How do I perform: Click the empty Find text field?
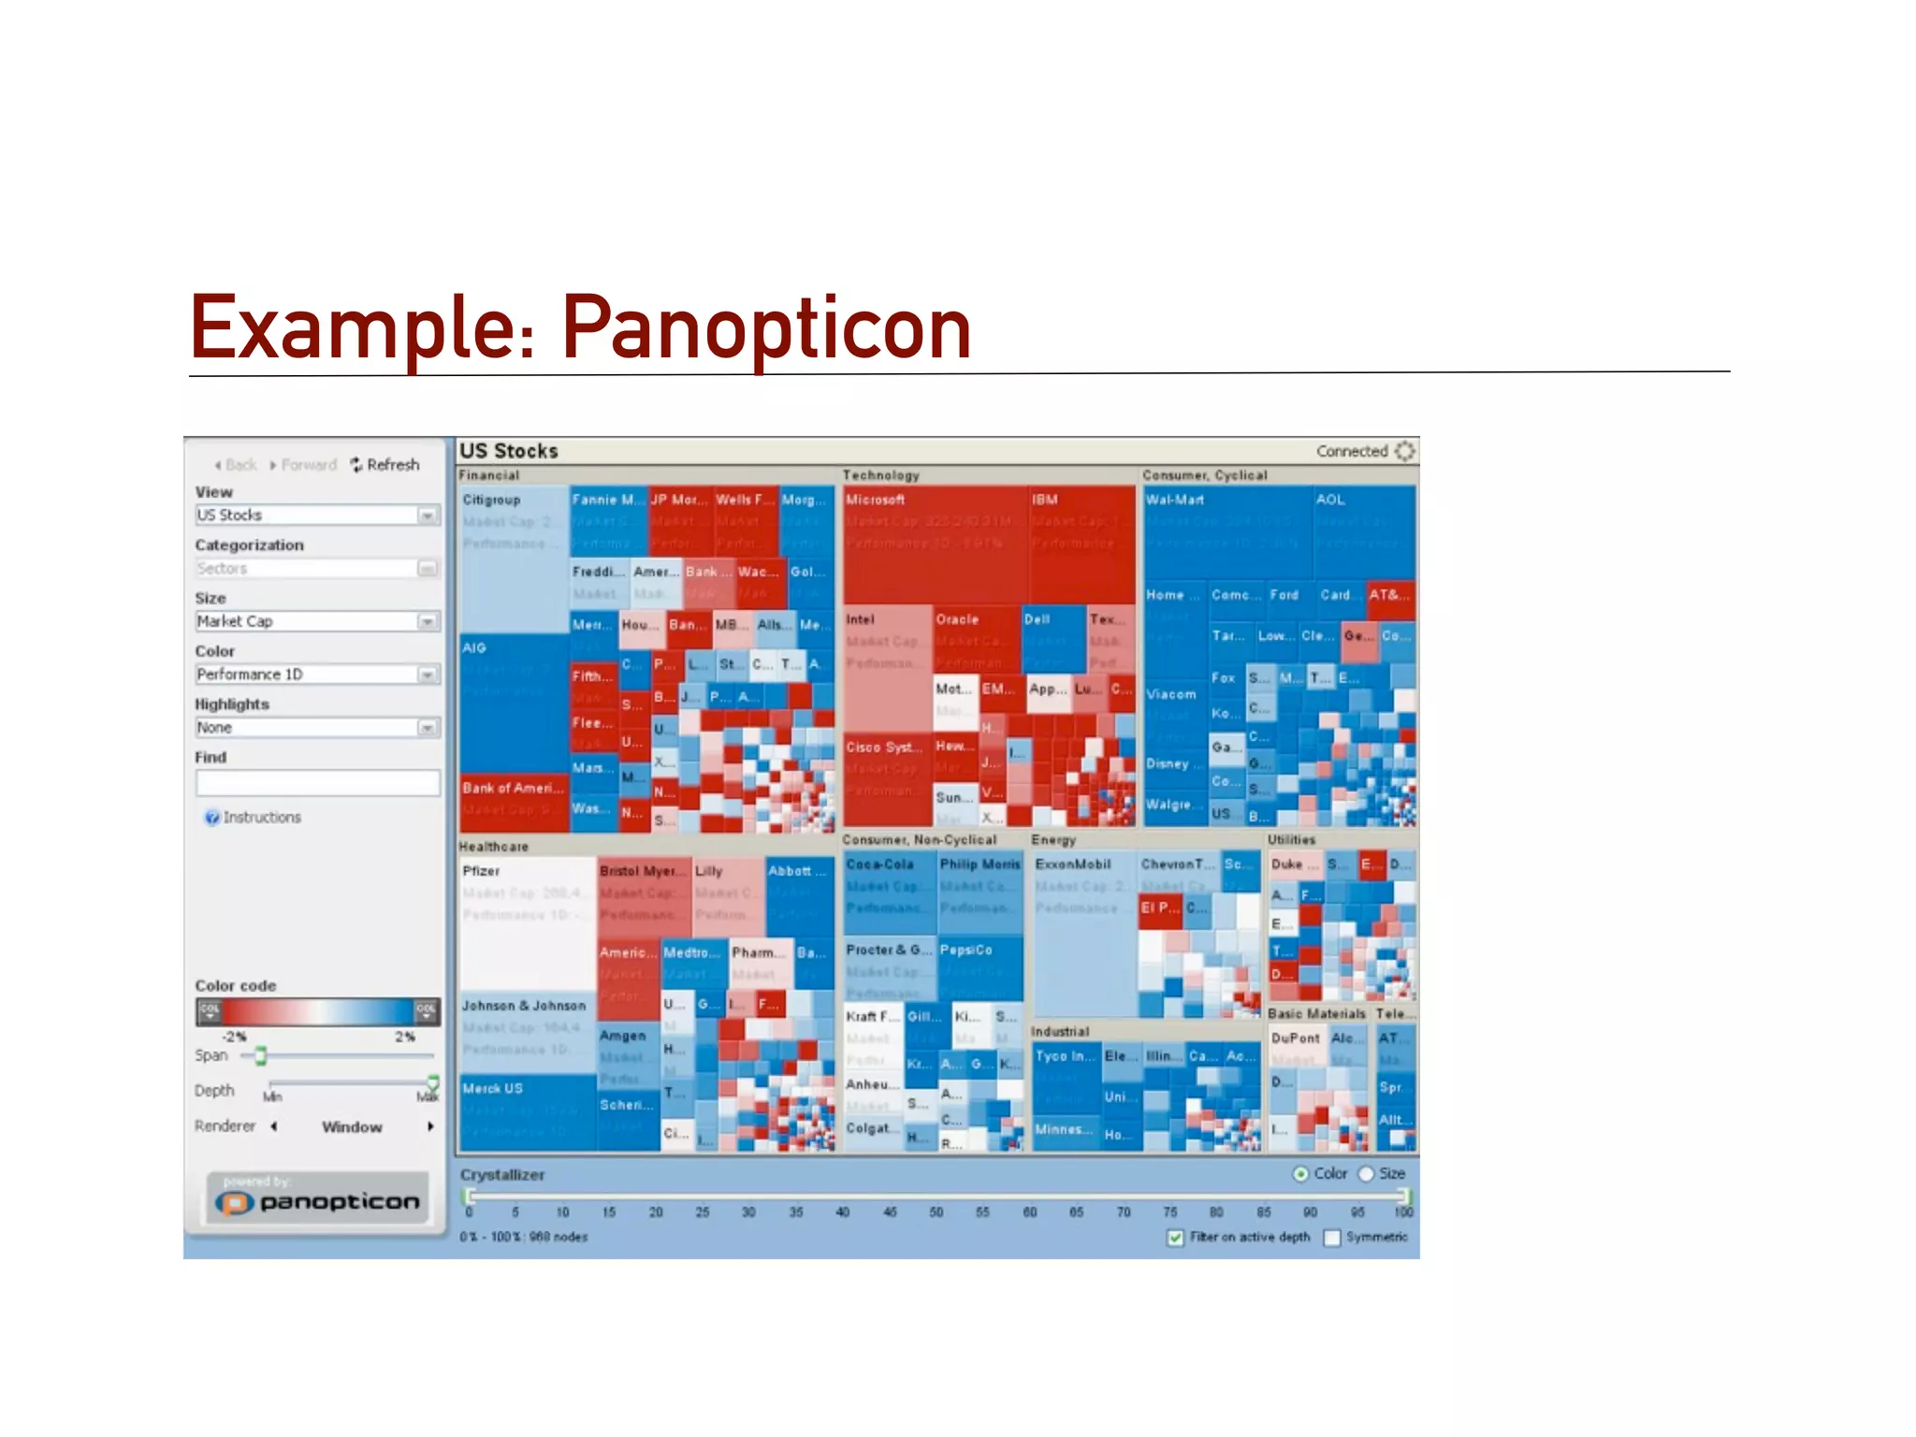point(317,783)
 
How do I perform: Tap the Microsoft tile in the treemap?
point(934,543)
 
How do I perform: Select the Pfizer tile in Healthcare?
point(527,926)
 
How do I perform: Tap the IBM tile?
point(1081,543)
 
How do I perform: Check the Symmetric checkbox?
point(1332,1239)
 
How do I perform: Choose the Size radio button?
point(1366,1174)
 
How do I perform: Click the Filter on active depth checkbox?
point(1176,1239)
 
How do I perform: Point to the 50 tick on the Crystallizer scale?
point(936,1212)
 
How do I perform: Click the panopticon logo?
point(318,1201)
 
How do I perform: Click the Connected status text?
point(1351,452)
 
